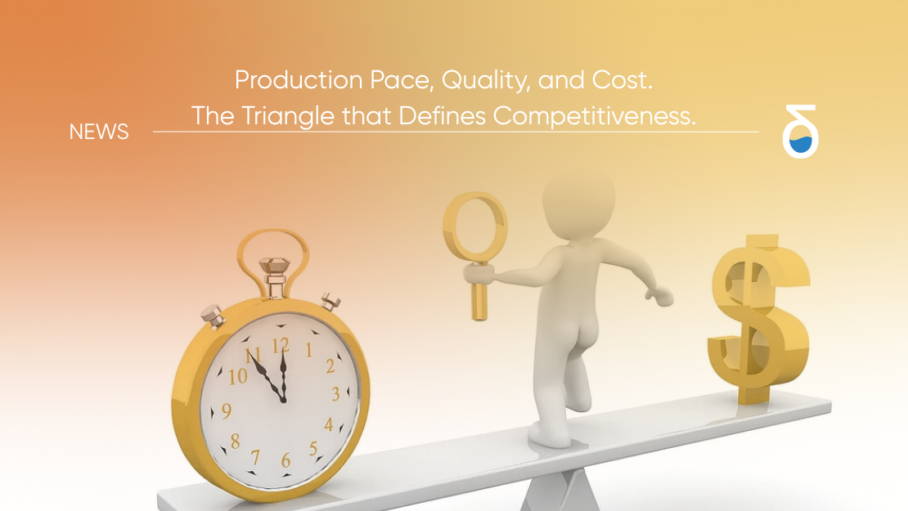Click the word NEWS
[x=99, y=132]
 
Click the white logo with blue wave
[x=800, y=132]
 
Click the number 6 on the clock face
[x=285, y=460]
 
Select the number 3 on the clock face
[x=335, y=395]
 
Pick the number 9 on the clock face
[x=226, y=410]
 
